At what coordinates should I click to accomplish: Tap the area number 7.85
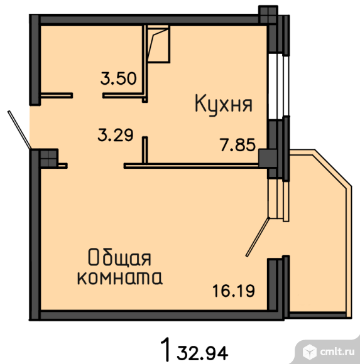[x=237, y=145]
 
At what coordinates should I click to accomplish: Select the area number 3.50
[x=118, y=78]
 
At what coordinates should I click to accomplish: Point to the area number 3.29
[x=116, y=135]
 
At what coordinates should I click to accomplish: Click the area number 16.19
[x=234, y=291]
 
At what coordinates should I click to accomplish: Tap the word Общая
[x=120, y=257]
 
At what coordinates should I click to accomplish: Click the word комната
[x=120, y=277]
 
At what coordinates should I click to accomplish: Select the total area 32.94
[x=202, y=353]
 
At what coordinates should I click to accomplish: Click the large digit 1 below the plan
[x=165, y=349]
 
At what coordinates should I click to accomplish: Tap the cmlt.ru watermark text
[x=337, y=351]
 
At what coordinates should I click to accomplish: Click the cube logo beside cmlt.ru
[x=310, y=351]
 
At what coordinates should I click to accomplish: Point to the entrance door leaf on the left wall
[x=19, y=129]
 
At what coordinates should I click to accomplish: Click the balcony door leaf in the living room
[x=258, y=237]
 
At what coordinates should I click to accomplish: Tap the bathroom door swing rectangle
[x=158, y=44]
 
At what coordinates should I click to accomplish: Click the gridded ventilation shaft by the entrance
[x=49, y=158]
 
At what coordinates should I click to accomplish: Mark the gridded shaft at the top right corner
[x=268, y=14]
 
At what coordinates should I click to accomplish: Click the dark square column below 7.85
[x=268, y=158]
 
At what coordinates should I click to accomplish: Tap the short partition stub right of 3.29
[x=145, y=150]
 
